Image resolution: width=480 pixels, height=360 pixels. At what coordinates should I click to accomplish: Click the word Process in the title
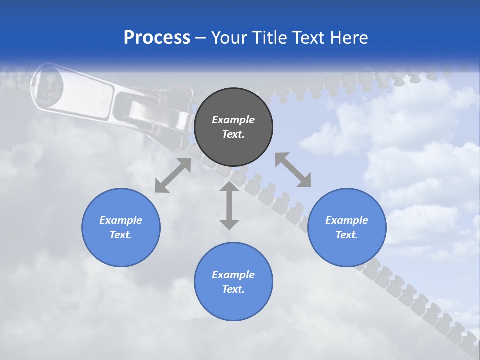(x=157, y=38)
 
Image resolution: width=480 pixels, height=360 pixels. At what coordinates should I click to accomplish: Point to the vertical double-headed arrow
(x=229, y=206)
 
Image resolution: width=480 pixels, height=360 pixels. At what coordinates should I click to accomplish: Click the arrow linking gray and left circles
(x=173, y=175)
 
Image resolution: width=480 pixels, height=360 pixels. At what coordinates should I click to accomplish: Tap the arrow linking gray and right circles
(x=293, y=170)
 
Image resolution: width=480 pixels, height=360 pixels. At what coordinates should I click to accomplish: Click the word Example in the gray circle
(x=233, y=120)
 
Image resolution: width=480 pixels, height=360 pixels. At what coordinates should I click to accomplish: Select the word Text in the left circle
(x=121, y=235)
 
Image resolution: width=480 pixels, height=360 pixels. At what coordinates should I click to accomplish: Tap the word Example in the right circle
(x=347, y=220)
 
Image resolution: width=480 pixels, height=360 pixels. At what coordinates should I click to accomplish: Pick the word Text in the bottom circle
(x=233, y=289)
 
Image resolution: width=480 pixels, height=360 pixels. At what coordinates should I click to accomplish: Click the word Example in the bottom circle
(x=233, y=275)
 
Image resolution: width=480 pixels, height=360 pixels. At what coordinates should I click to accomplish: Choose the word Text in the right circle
(x=347, y=235)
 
